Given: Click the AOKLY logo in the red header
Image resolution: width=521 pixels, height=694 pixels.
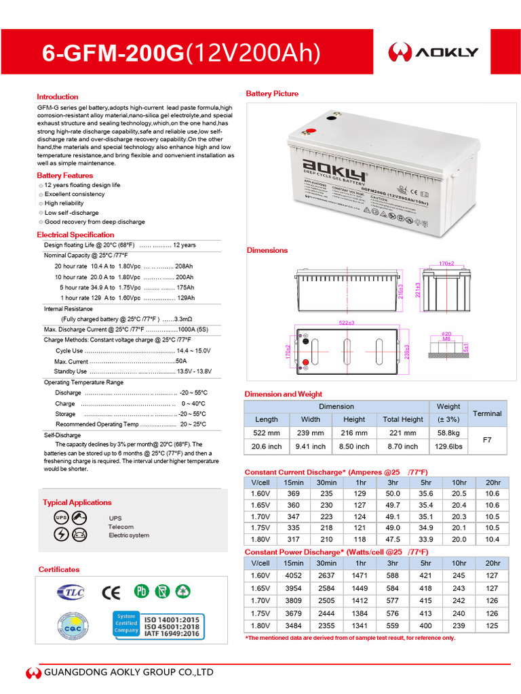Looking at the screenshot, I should [433, 52].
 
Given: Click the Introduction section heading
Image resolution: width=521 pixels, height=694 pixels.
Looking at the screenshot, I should [58, 97].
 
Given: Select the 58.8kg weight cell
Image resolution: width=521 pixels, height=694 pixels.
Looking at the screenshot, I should [448, 432].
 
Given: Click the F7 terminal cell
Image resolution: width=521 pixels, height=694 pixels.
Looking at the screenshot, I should [486, 439].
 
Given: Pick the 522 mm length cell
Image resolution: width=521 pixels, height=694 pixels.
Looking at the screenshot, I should [266, 432].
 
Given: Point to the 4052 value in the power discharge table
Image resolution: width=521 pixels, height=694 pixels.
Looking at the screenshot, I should [293, 575].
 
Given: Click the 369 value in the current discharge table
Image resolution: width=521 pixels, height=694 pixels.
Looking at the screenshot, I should [293, 494].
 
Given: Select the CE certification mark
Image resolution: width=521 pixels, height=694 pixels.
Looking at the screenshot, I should [111, 592].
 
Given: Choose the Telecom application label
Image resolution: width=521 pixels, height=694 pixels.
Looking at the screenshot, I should [121, 527].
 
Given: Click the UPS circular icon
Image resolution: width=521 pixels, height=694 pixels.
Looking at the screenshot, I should [60, 518].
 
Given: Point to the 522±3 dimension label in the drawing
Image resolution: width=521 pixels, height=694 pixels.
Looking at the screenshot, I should [347, 323].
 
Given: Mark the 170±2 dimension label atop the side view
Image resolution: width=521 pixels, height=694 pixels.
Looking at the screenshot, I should [446, 262].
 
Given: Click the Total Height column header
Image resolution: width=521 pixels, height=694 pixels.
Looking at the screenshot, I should [402, 419].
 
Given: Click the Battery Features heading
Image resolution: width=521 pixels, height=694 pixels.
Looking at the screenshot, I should [65, 176].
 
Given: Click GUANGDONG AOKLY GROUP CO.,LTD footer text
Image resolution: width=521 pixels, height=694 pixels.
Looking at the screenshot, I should [129, 672].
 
